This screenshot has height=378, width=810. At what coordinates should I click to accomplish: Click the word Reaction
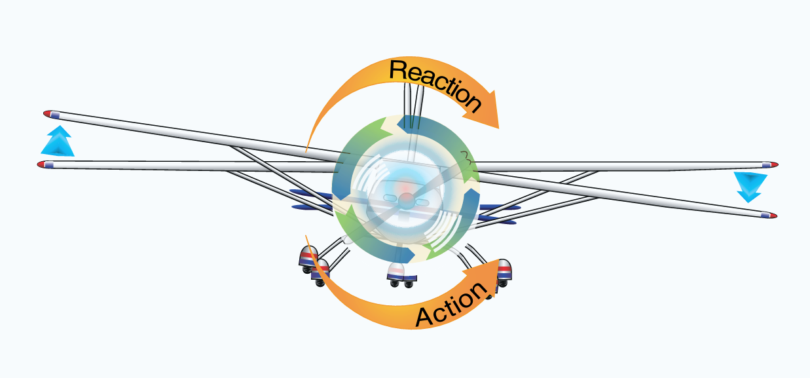(434, 83)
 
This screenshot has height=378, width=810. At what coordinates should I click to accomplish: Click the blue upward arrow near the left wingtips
(57, 142)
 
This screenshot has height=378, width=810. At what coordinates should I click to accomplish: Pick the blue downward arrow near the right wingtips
(748, 186)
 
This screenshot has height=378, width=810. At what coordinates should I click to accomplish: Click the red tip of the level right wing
(773, 164)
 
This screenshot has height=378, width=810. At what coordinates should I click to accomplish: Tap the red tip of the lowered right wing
(772, 215)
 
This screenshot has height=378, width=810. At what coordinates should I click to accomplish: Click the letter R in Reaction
(397, 69)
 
